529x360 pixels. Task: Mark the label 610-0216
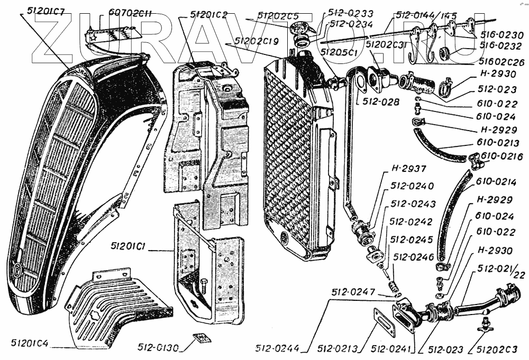pos(503,156)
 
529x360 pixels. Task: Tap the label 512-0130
pos(159,348)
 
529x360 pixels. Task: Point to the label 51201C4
pos(29,343)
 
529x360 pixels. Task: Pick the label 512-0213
pos(338,348)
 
